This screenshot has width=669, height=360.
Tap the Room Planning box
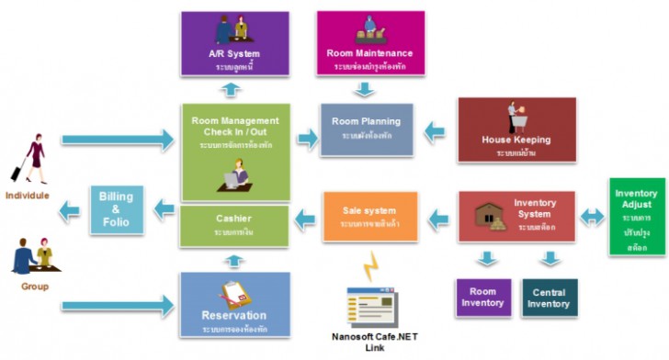[x=367, y=129]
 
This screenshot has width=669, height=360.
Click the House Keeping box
[x=516, y=130]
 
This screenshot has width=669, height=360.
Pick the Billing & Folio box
[x=116, y=208]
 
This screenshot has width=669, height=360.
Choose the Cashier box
[x=236, y=226]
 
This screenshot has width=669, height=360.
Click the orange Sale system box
[x=369, y=217]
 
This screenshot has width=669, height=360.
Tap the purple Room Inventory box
[x=482, y=298]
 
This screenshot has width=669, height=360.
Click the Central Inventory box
[x=550, y=298]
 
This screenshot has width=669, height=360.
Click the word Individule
[x=27, y=196]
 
